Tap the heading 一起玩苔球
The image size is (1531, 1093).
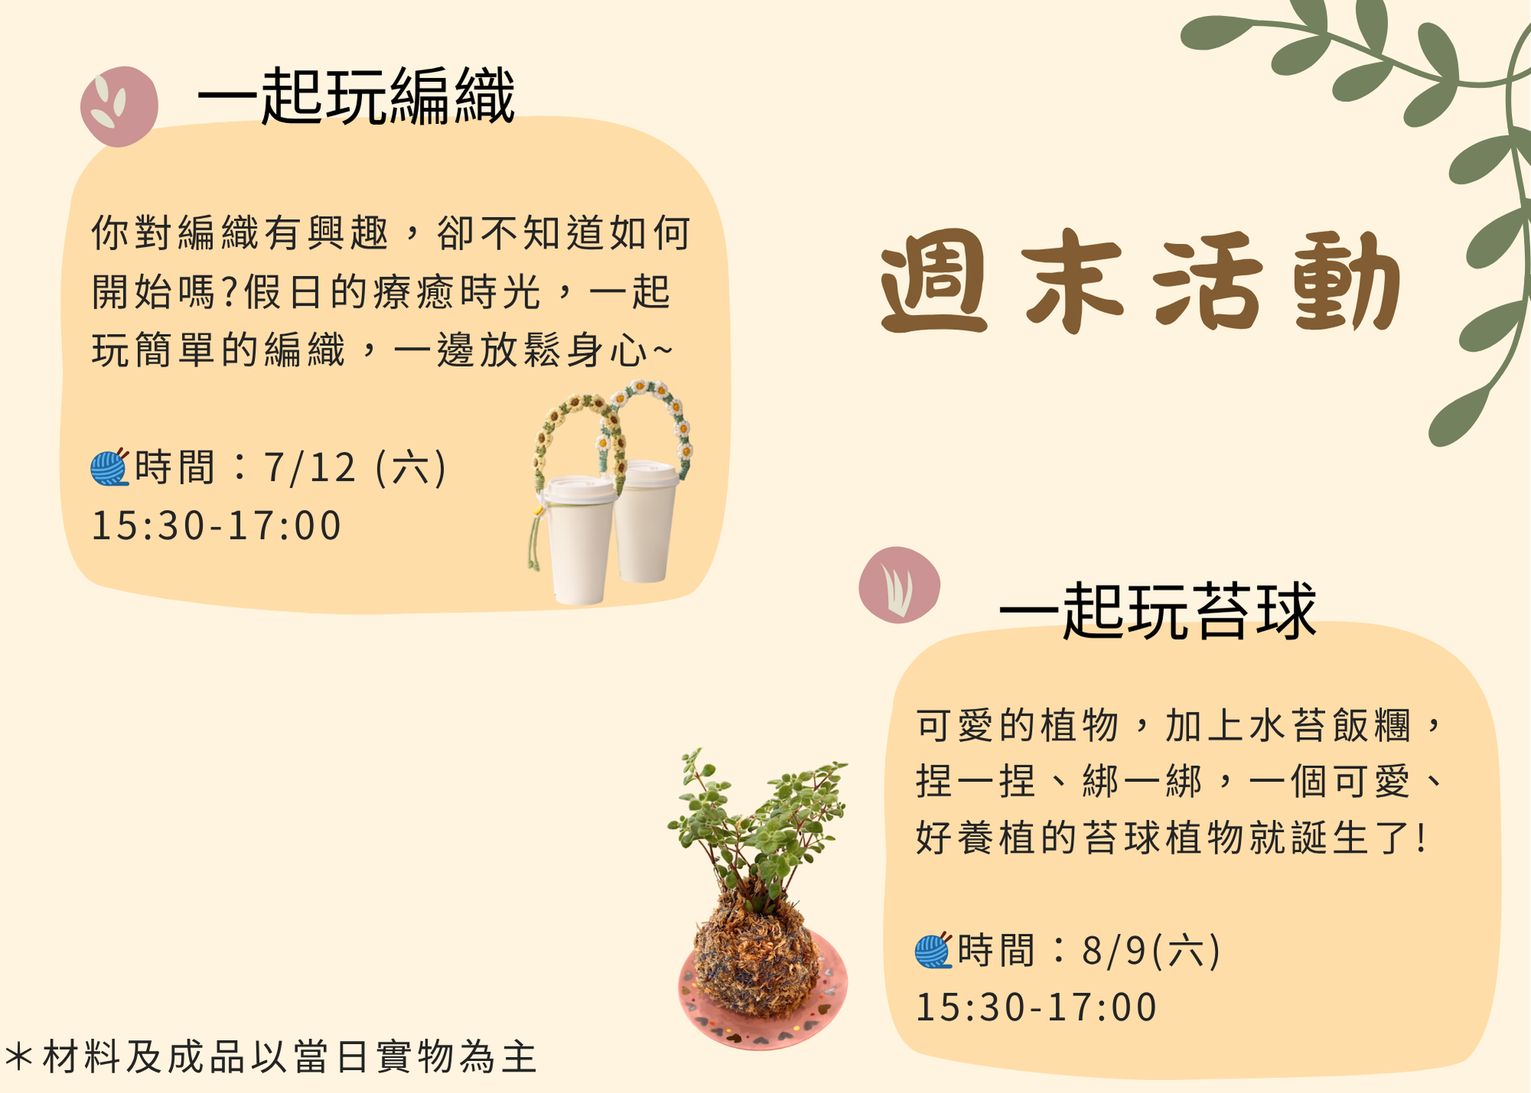coord(1157,611)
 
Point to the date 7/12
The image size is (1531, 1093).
coord(310,467)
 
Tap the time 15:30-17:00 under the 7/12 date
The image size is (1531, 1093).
coord(216,526)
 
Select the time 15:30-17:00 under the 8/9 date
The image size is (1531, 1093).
coord(1036,1007)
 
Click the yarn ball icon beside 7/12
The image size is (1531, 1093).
coord(109,467)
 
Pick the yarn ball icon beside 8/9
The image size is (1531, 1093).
coord(934,951)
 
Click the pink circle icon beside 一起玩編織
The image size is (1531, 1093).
coord(119,106)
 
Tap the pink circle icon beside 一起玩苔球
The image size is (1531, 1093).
coord(899,585)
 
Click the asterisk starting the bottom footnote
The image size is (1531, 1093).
coord(19,1057)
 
